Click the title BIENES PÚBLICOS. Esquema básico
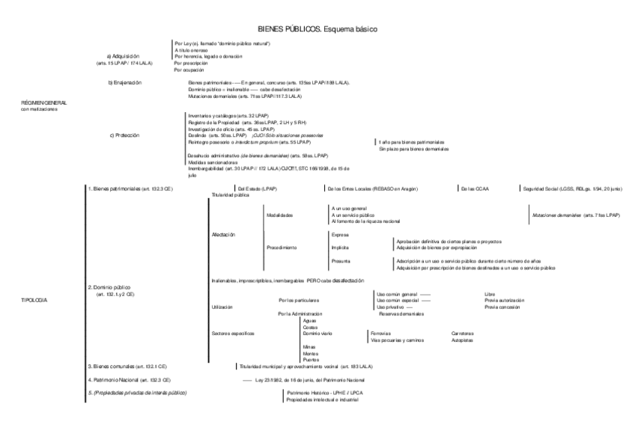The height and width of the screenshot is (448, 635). tap(317, 29)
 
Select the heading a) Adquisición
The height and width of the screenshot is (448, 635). tap(124, 56)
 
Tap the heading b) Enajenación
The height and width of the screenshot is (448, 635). tap(125, 82)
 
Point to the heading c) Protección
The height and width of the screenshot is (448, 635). tap(124, 135)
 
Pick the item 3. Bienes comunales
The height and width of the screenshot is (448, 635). tap(118, 366)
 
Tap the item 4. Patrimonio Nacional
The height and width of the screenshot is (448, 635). tap(120, 379)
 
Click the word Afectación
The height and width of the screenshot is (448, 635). tap(224, 234)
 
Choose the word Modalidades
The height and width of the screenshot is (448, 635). tap(280, 215)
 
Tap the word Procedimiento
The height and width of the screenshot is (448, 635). tap(282, 247)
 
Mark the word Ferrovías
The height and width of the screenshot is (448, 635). tap(380, 333)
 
